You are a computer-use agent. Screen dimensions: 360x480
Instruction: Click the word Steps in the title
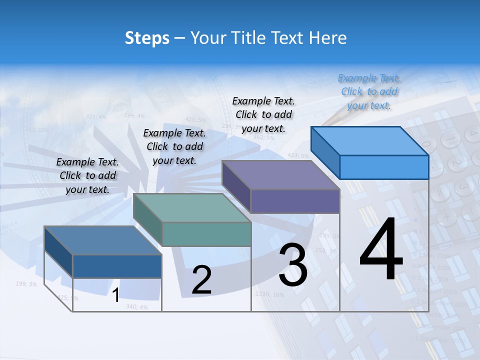146,38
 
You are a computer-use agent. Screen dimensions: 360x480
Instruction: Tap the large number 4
381,249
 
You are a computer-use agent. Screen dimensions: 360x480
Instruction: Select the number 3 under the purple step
292,265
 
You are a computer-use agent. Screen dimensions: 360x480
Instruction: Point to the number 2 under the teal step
201,280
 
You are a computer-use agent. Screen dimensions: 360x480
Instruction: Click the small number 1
115,295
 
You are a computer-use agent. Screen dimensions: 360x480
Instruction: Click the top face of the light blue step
370,140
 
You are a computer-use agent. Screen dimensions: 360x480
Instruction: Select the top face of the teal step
192,208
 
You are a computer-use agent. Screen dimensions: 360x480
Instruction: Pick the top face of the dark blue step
103,240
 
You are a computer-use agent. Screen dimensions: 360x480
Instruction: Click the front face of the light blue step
384,167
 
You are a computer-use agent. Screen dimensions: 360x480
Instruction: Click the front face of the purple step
295,201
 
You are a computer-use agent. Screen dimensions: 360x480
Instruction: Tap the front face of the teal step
206,234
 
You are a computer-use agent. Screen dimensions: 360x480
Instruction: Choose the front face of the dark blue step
117,266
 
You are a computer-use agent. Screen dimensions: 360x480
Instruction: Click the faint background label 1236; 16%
269,294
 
